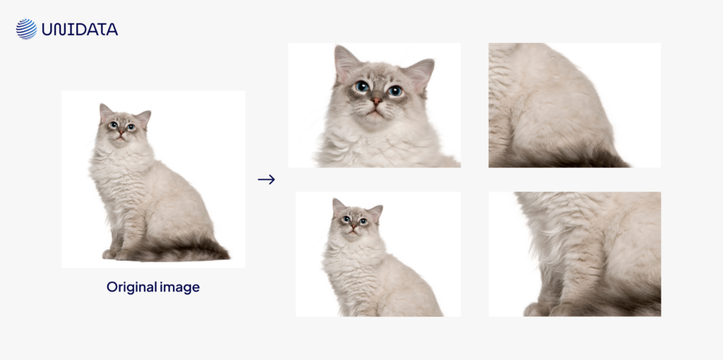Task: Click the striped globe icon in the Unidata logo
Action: coord(26,29)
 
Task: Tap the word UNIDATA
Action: coord(80,30)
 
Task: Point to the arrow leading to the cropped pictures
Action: coord(266,179)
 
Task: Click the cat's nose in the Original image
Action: coord(121,132)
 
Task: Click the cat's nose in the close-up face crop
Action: coord(376,101)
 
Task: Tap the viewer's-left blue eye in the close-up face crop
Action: coord(362,86)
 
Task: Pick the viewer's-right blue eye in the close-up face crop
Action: coord(395,91)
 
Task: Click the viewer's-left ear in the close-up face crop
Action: coord(346,62)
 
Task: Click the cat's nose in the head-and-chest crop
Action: coord(353,227)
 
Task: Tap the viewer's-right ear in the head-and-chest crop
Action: coord(376,213)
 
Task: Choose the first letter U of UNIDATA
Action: coord(48,30)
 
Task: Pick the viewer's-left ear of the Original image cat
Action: coord(106,113)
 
